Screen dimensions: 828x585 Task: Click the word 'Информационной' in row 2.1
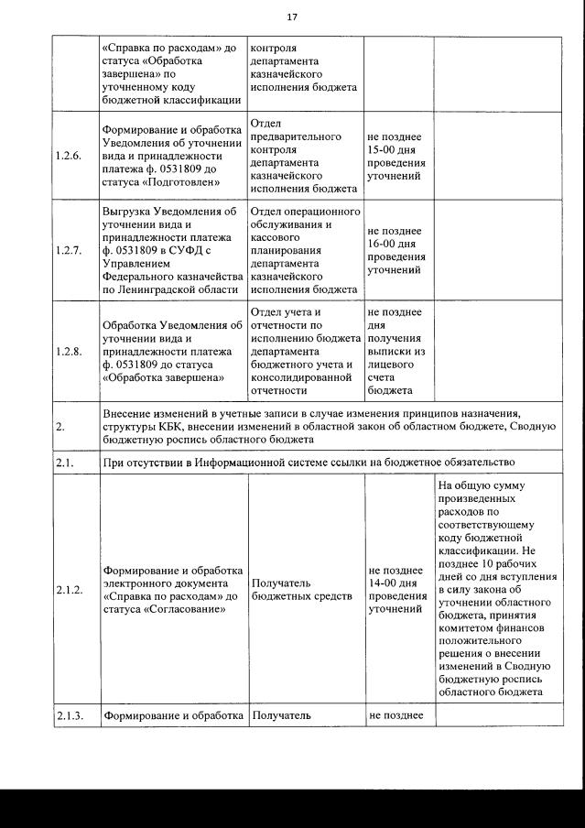click(x=263, y=462)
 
